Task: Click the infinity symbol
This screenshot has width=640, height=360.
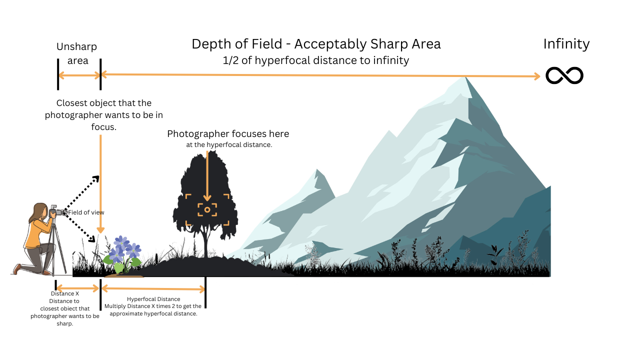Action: click(564, 75)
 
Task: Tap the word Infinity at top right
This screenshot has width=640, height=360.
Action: click(566, 44)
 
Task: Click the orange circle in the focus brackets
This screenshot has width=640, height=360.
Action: click(207, 209)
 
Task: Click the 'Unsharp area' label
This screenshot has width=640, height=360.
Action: click(77, 53)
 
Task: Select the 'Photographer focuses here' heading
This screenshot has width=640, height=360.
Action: click(228, 134)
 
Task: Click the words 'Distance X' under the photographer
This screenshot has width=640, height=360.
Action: click(65, 293)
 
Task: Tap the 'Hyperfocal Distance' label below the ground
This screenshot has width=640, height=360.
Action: click(153, 299)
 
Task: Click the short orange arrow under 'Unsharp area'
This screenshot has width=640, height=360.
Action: click(79, 75)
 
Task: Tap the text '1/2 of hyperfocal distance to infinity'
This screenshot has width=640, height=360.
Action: click(316, 60)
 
